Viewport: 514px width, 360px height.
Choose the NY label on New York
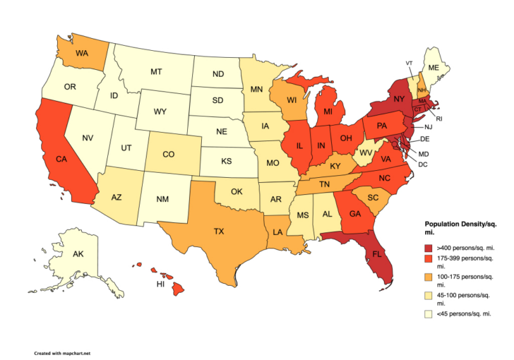[399, 99]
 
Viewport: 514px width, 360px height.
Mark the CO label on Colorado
[170, 154]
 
